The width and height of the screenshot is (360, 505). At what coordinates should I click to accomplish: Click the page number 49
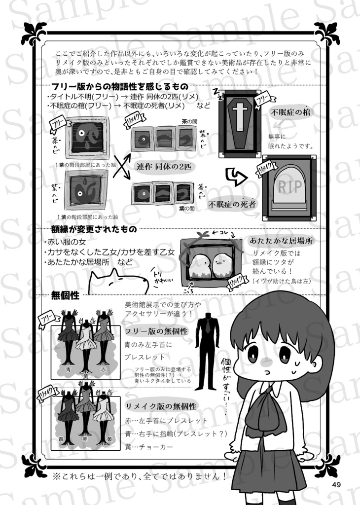pos(337,485)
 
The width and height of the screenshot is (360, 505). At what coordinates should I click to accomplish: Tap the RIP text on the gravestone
pos(288,187)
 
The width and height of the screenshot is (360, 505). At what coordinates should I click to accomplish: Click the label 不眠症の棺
pos(291,112)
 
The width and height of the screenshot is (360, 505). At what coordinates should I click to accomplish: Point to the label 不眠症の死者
pos(232,203)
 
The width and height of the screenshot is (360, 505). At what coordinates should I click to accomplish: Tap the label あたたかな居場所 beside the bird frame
pos(282,241)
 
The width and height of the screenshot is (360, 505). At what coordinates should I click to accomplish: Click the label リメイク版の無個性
pos(161,406)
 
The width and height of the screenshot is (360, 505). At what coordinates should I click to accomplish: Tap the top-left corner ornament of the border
pos(34,34)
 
